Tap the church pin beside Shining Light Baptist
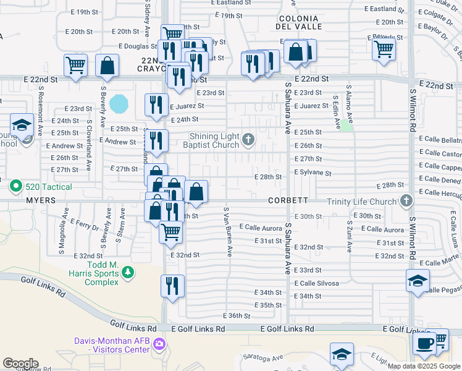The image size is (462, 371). [x=248, y=139]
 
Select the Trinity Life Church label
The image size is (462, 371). [x=361, y=201]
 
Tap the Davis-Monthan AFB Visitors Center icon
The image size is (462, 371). [x=160, y=344]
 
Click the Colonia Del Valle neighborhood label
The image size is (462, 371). [x=300, y=23]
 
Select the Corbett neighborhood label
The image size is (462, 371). [x=288, y=201]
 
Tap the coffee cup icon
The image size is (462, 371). [x=424, y=344]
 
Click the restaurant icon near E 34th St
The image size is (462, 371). [x=172, y=285]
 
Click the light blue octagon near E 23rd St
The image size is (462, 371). [x=119, y=103]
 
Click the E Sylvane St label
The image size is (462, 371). [x=314, y=174]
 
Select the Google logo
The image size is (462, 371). [x=20, y=364]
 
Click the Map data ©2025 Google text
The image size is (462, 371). [x=423, y=366]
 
